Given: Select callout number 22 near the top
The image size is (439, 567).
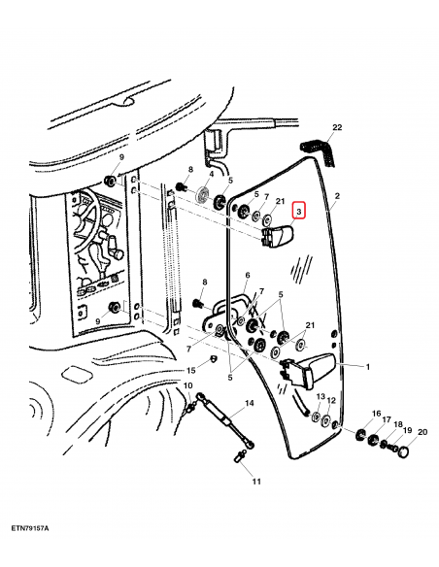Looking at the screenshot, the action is point(337,127).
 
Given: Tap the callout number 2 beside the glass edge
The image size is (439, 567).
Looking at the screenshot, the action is point(337,196).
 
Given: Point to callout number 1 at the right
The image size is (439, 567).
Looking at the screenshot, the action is point(368,367).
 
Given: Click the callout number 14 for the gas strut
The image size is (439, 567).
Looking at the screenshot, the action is point(250,403).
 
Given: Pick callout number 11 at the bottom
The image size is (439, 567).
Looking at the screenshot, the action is point(256,482).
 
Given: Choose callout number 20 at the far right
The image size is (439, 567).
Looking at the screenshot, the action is point(422,432).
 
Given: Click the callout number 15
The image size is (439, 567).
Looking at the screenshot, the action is point(191,370).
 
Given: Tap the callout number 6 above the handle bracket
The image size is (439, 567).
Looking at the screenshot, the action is point(248,275).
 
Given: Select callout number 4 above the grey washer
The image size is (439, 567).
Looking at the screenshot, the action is point(212,175).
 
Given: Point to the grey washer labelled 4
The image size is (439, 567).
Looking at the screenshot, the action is point(203,195).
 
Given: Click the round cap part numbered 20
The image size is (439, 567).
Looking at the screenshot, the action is point(404,452).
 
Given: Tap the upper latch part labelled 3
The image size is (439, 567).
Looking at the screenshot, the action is point(277,236).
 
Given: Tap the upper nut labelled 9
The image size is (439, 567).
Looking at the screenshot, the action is point(109,180).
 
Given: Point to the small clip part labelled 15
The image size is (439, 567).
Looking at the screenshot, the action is point(213,358).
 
